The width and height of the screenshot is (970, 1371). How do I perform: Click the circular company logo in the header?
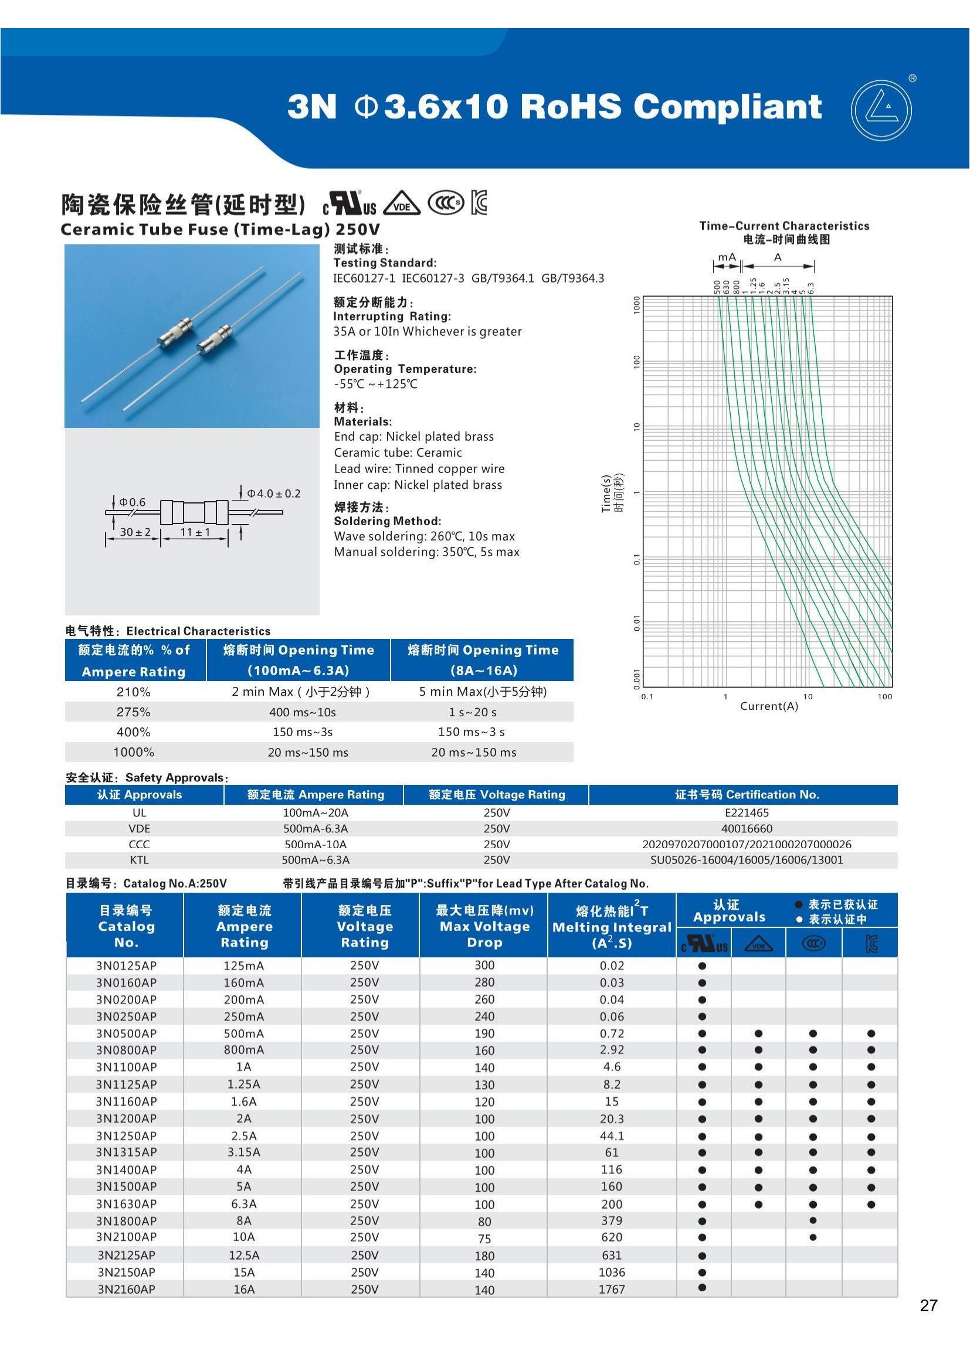[x=881, y=110]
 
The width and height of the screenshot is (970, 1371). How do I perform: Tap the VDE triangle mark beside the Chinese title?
[x=401, y=204]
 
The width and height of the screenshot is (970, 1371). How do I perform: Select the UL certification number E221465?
[x=747, y=812]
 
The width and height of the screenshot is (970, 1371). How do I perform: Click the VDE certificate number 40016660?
[x=747, y=829]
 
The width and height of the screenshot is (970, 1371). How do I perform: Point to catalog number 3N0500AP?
[x=126, y=1033]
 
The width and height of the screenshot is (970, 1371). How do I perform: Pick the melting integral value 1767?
[x=612, y=1289]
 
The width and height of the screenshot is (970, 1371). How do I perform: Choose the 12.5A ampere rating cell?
[x=244, y=1255]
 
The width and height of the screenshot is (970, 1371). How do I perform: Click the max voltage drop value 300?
[x=484, y=965]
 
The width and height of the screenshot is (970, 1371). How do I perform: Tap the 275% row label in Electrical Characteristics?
[x=133, y=712]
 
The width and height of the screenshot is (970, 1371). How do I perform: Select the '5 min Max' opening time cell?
[x=483, y=692]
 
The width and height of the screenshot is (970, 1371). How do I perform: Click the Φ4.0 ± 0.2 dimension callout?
[x=273, y=494]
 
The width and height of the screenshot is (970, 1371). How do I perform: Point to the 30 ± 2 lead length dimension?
[x=135, y=532]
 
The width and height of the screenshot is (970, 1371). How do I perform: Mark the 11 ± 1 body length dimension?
[x=195, y=532]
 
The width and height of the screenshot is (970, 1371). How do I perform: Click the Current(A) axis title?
[x=769, y=706]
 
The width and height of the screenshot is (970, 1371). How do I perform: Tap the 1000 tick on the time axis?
[x=637, y=305]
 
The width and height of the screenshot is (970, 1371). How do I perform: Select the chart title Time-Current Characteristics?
[x=784, y=226]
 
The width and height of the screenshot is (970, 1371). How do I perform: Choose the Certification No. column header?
[x=747, y=795]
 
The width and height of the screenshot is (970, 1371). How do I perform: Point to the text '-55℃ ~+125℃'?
[x=376, y=384]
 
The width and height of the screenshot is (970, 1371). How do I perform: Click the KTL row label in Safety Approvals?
[x=138, y=860]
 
